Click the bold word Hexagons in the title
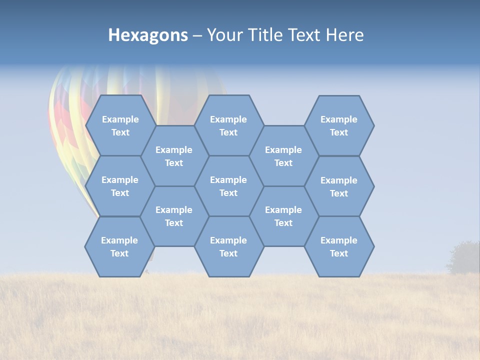click(x=148, y=35)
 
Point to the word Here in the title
click(x=344, y=35)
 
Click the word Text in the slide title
click(x=303, y=35)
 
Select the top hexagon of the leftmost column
click(x=120, y=125)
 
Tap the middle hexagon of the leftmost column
click(x=120, y=186)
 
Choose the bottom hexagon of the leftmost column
click(x=119, y=246)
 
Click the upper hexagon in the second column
click(x=174, y=156)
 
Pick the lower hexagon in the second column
click(x=174, y=216)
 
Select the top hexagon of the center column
click(x=228, y=125)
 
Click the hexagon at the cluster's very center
click(x=228, y=186)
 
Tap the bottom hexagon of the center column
click(x=228, y=246)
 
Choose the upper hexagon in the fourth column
click(x=283, y=156)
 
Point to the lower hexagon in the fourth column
click(x=283, y=216)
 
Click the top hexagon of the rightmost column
click(x=339, y=125)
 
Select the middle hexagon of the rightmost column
click(x=339, y=186)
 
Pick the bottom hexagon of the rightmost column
click(x=339, y=246)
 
